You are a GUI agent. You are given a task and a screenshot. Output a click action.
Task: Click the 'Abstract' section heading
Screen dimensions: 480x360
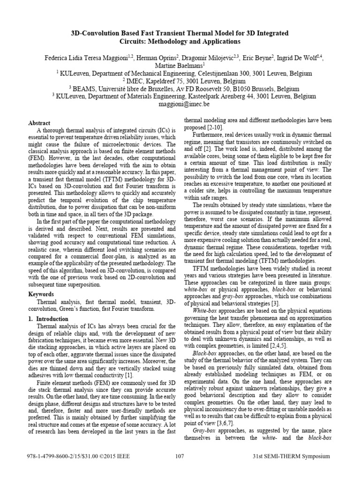click(39, 123)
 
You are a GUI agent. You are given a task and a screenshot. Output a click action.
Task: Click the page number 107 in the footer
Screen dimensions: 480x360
click(180, 457)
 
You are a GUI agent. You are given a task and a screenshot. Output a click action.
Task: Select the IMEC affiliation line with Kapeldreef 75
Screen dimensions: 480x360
click(180, 81)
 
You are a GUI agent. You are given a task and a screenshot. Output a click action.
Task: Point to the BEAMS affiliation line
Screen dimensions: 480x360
click(180, 88)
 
